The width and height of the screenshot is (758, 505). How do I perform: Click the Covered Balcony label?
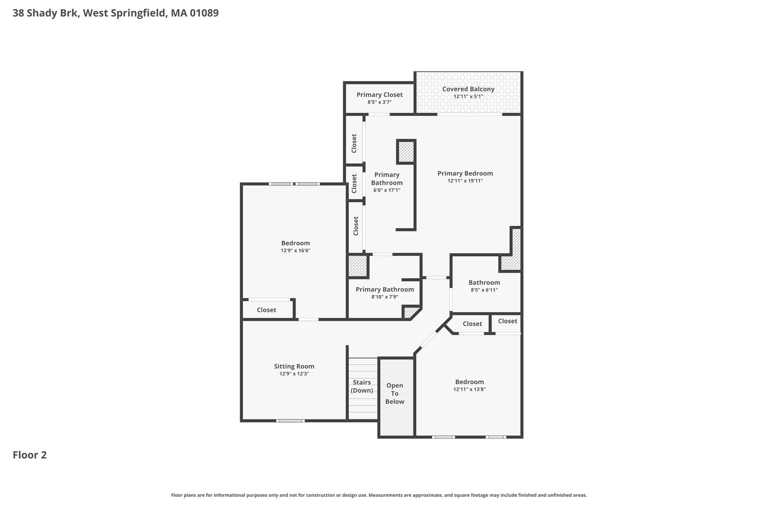click(468, 89)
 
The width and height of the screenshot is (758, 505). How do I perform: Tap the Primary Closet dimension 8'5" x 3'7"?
click(379, 102)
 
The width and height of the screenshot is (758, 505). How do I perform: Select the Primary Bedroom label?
click(465, 174)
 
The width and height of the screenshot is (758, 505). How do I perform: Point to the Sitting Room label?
click(294, 367)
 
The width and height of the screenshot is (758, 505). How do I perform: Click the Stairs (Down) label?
click(362, 386)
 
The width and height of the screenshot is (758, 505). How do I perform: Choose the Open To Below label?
click(395, 394)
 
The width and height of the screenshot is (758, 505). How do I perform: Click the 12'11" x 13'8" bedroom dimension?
click(469, 389)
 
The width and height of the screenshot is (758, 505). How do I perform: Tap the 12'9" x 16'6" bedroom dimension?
click(295, 250)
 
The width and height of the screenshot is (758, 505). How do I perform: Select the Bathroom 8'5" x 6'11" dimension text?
click(484, 290)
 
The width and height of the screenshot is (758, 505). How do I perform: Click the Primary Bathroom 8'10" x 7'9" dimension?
click(385, 297)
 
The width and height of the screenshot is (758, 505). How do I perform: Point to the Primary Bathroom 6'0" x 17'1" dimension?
click(387, 190)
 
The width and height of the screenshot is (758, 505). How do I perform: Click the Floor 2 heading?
click(30, 455)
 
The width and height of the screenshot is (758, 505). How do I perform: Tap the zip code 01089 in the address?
click(204, 13)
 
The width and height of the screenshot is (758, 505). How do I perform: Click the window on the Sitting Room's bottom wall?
click(291, 421)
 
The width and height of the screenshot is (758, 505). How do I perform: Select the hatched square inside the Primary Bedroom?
click(406, 152)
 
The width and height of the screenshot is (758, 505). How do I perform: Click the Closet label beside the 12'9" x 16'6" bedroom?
click(266, 310)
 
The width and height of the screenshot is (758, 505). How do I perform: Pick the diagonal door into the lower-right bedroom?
click(429, 340)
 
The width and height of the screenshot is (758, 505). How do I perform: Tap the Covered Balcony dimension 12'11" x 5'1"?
click(468, 97)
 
